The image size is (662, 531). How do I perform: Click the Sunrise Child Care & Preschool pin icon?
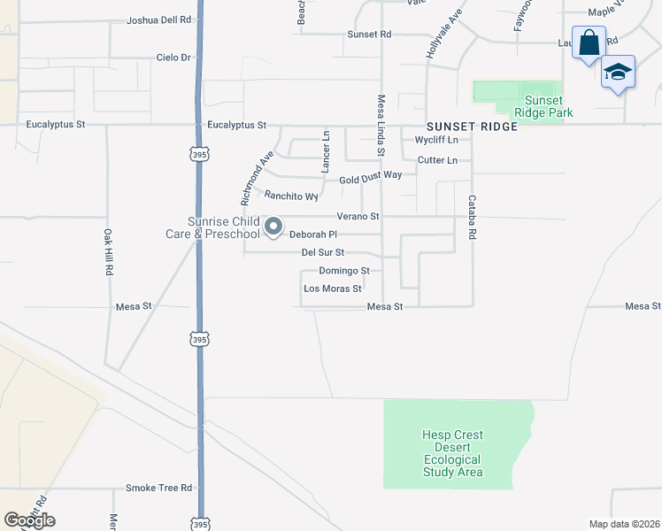(274, 227)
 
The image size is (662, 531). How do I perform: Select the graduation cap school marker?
(618, 74)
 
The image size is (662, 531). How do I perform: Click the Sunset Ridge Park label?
(548, 106)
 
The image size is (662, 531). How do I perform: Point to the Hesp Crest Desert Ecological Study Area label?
(452, 453)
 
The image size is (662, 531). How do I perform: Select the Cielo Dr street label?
(173, 58)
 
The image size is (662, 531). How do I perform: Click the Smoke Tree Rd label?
(158, 488)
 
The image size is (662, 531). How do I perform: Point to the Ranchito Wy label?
(291, 196)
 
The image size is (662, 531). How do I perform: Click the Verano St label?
(358, 216)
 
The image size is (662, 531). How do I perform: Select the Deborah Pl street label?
(313, 235)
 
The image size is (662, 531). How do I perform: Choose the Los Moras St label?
(333, 289)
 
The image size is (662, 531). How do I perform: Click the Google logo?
(29, 520)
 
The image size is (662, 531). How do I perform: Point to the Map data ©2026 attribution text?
(623, 524)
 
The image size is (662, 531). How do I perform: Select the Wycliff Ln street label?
(437, 141)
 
